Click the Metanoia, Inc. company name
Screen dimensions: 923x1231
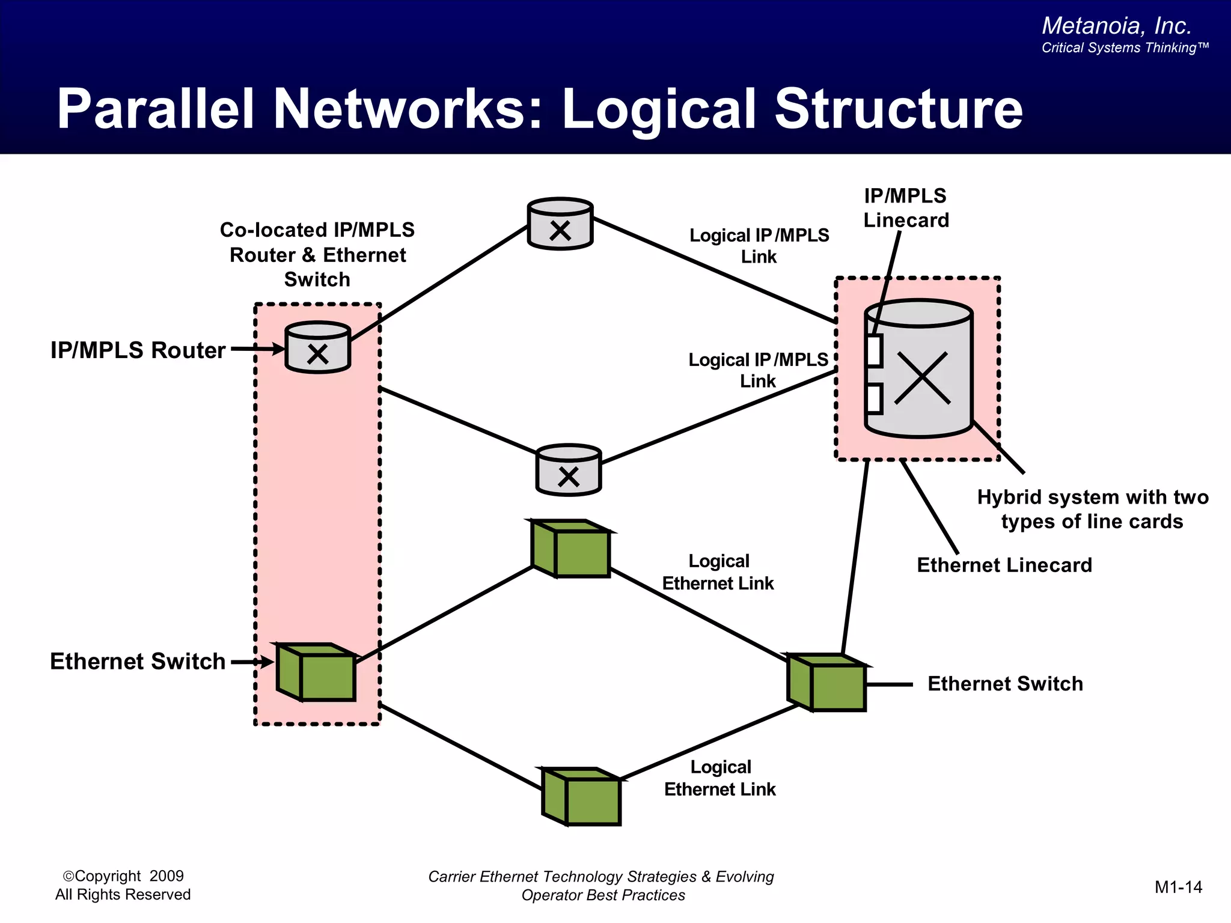[1116, 26]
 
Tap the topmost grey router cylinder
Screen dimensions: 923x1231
[560, 224]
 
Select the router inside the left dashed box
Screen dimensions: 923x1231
[317, 348]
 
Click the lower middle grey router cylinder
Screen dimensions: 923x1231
[568, 471]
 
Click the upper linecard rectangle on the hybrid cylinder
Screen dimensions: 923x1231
[875, 351]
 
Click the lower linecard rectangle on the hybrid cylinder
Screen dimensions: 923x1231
[875, 399]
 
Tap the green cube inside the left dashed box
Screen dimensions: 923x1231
[317, 672]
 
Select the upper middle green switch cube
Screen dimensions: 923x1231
[572, 549]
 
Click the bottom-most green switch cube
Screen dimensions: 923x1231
[582, 797]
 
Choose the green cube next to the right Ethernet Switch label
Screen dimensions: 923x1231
[827, 683]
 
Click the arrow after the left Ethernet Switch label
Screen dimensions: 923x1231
[252, 662]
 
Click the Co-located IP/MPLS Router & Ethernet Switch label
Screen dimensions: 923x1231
[317, 255]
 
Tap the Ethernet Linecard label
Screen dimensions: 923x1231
[1004, 565]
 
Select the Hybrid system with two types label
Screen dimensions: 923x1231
[1092, 509]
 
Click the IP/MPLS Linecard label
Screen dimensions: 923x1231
[906, 208]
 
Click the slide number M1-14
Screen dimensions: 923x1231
[1178, 887]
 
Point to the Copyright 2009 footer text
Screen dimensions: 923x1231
[123, 876]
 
